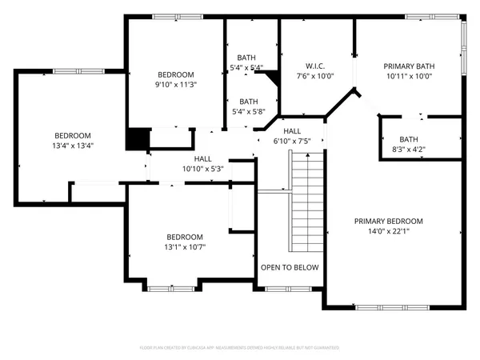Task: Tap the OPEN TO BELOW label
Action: pyautogui.click(x=289, y=267)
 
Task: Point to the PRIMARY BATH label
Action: pyautogui.click(x=408, y=66)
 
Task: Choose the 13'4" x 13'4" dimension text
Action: pyautogui.click(x=72, y=146)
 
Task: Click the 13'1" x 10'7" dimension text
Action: pyautogui.click(x=184, y=247)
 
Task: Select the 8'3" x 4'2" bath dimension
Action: pyautogui.click(x=409, y=149)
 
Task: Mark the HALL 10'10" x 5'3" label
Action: pyautogui.click(x=203, y=164)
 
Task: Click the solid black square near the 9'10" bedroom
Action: pyautogui.click(x=138, y=138)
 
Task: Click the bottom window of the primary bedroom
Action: pyautogui.click(x=380, y=307)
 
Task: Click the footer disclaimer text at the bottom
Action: pyautogui.click(x=240, y=348)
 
